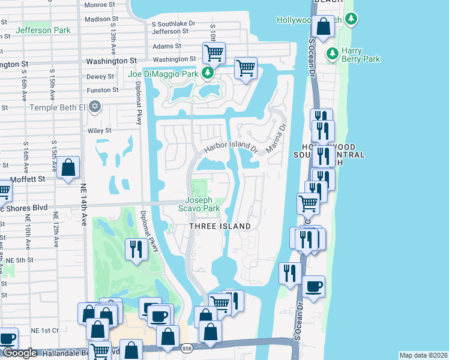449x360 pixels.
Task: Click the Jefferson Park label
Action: (x=43, y=30)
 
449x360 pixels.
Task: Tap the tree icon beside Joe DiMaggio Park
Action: (x=208, y=74)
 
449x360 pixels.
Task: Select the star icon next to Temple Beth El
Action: (x=94, y=107)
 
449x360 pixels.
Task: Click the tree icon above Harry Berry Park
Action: (x=332, y=55)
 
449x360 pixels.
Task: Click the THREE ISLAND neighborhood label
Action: (x=220, y=226)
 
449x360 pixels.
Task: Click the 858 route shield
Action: (x=187, y=348)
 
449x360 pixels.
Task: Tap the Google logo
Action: (x=19, y=353)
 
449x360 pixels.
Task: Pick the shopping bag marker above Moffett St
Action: (x=68, y=168)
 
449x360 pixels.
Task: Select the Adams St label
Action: (x=167, y=46)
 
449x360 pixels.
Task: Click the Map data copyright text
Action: (x=423, y=355)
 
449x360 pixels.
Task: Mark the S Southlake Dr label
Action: (x=173, y=23)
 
